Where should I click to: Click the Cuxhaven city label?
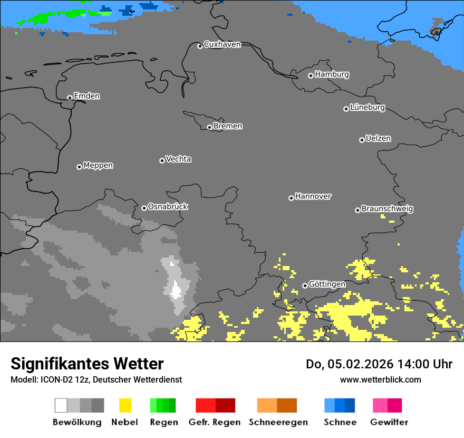pyautogui.click(x=222, y=44)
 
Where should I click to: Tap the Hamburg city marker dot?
pyautogui.click(x=311, y=75)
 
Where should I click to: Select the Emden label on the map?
pyautogui.click(x=86, y=96)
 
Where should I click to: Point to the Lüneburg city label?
pyautogui.click(x=368, y=107)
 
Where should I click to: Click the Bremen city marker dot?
pyautogui.click(x=209, y=127)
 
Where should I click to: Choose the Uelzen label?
pyautogui.click(x=378, y=138)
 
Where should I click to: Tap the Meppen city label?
pyautogui.click(x=98, y=165)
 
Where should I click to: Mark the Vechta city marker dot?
pyautogui.click(x=162, y=160)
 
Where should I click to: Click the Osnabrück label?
pyautogui.click(x=168, y=206)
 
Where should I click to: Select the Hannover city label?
pyautogui.click(x=313, y=196)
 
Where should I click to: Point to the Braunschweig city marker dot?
pyautogui.click(x=357, y=210)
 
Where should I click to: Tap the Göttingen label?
pyautogui.click(x=327, y=284)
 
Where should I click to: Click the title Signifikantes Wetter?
pyautogui.click(x=87, y=364)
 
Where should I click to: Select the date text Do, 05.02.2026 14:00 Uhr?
pyautogui.click(x=379, y=364)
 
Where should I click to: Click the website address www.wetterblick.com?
pyautogui.click(x=380, y=379)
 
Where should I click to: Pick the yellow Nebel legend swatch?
pyautogui.click(x=125, y=405)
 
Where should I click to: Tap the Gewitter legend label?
pyautogui.click(x=389, y=422)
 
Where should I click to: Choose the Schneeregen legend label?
pyautogui.click(x=278, y=422)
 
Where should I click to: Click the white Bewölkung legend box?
pyautogui.click(x=61, y=405)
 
